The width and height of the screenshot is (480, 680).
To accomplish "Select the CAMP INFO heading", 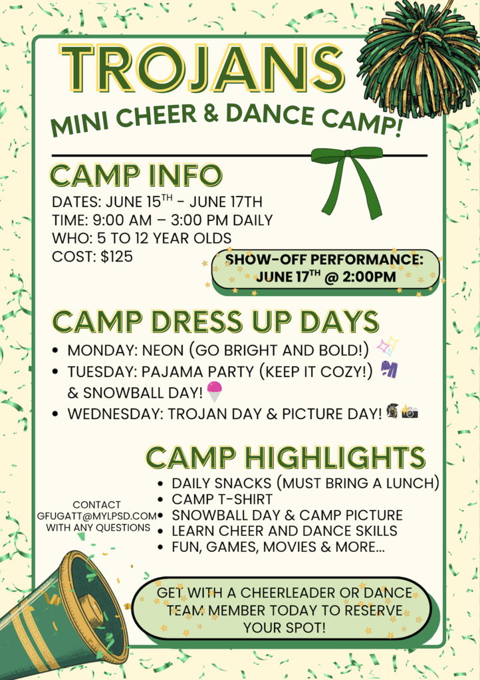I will pyautogui.click(x=136, y=175).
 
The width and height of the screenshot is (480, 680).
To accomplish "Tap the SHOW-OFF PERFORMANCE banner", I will pyautogui.click(x=324, y=268).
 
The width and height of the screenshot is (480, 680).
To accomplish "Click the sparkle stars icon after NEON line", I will pyautogui.click(x=387, y=347).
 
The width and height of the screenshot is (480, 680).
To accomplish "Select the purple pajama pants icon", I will pyautogui.click(x=389, y=369).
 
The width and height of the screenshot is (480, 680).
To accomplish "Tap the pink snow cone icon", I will pyautogui.click(x=215, y=392).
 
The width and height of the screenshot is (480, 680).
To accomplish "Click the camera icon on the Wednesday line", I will pyautogui.click(x=410, y=413).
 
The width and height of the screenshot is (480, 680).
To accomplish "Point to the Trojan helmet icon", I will pyautogui.click(x=392, y=412).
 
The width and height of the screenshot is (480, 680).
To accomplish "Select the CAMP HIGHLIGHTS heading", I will pyautogui.click(x=285, y=458).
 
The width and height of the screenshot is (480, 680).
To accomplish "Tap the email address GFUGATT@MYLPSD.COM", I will pyautogui.click(x=97, y=516).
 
